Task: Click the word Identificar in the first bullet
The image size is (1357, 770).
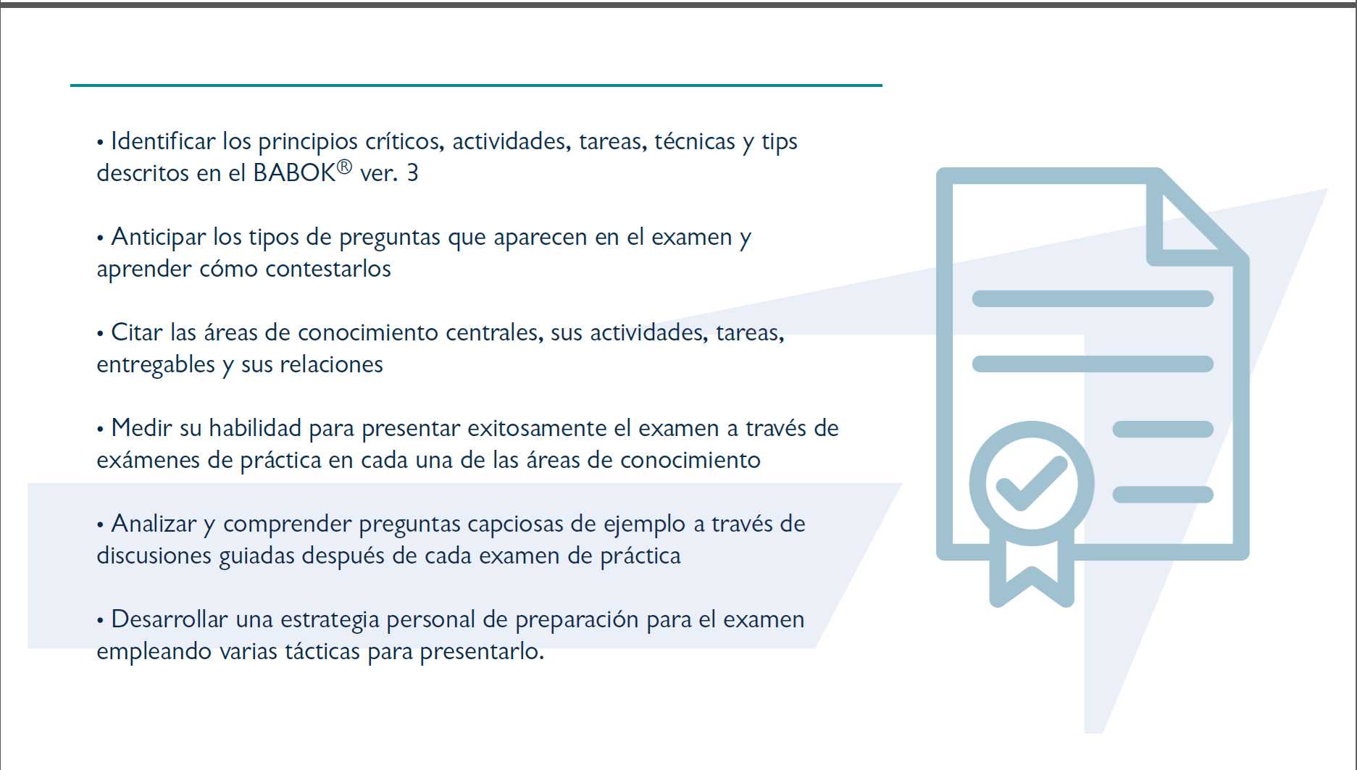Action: [x=163, y=141]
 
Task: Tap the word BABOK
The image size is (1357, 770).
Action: [x=294, y=172]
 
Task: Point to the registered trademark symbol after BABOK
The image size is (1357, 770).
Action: [x=344, y=167]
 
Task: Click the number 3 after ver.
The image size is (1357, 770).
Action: [x=412, y=172]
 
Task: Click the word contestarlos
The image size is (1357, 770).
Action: [x=328, y=268]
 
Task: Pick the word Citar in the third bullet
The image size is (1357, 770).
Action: [x=137, y=332]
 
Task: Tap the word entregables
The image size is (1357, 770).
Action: [x=156, y=364]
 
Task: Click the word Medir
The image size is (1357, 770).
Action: [x=142, y=427]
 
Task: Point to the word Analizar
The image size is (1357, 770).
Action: [x=154, y=523]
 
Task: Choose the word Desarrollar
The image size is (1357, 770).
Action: [x=170, y=619]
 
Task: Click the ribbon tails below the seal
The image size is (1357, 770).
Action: [x=1032, y=572]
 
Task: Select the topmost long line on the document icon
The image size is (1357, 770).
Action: [x=1093, y=298]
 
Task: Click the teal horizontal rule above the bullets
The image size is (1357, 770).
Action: [x=476, y=85]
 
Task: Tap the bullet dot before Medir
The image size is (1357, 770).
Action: [x=100, y=430]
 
